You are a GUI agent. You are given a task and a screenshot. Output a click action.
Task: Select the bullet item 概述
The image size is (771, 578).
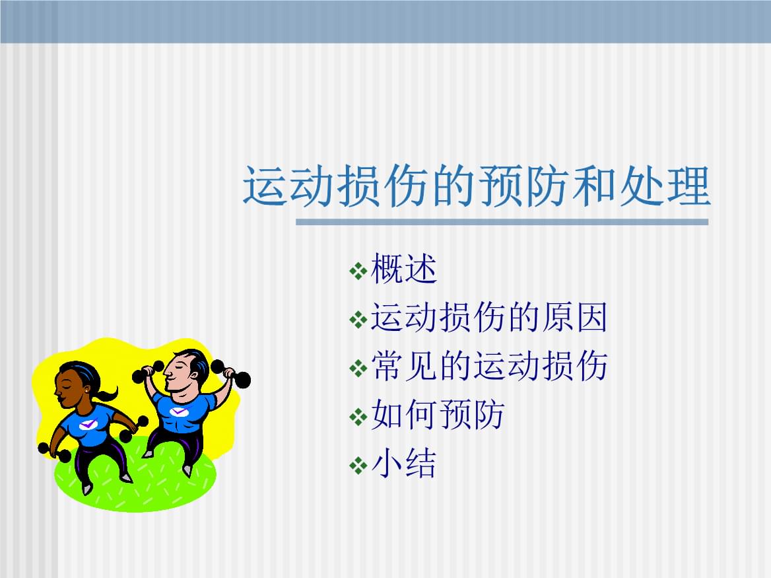tap(404, 270)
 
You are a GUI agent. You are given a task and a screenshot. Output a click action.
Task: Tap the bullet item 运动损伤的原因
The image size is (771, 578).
tap(488, 318)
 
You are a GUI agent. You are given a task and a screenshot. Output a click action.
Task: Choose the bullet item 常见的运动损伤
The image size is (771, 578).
tap(488, 367)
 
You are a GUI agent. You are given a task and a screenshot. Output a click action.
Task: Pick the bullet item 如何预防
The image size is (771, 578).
tap(437, 415)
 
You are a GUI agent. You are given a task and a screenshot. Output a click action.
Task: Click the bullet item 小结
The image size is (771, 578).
tap(404, 464)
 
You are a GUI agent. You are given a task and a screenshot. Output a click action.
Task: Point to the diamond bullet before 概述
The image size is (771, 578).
tap(358, 271)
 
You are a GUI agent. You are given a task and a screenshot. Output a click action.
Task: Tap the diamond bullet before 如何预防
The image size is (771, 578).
tap(358, 417)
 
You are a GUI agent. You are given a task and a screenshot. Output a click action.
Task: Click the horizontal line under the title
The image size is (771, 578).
tap(502, 222)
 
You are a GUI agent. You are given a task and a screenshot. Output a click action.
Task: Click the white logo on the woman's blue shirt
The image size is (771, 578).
tap(88, 425)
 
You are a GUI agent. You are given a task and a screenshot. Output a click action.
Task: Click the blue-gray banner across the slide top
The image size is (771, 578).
tap(385, 21)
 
